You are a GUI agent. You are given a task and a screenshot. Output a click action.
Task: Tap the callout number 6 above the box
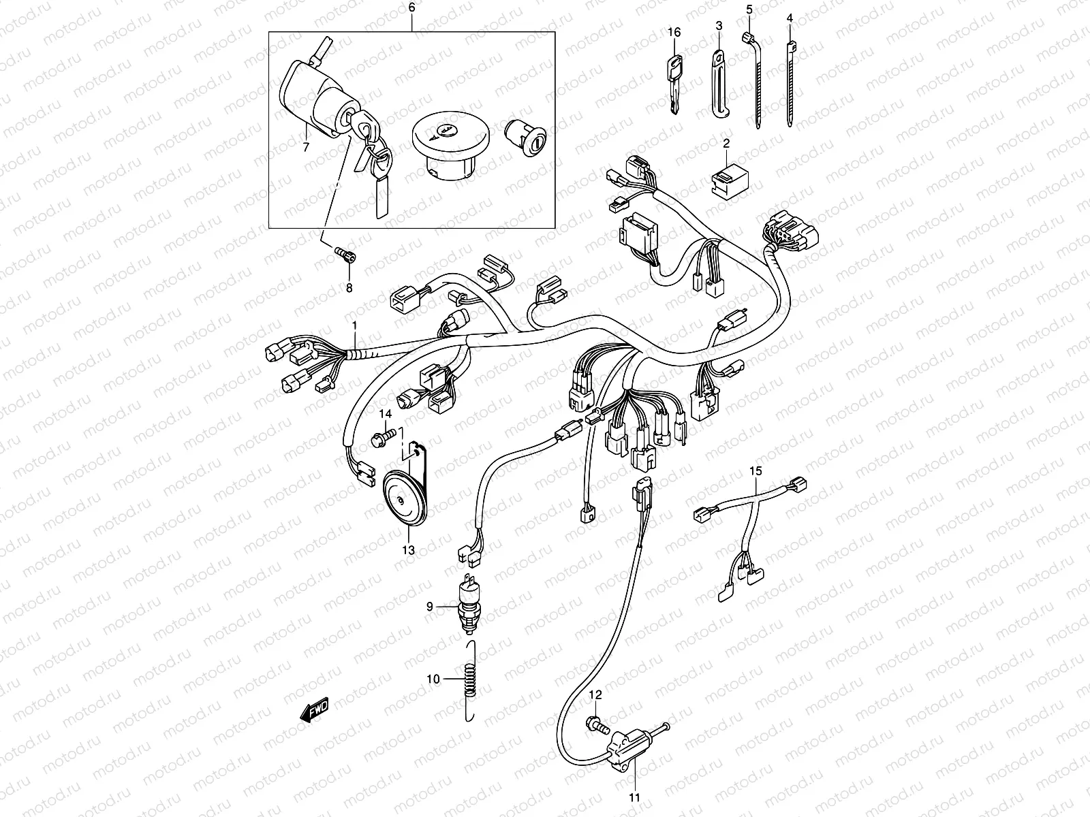(411, 8)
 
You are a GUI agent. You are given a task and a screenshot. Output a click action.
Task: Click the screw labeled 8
(344, 255)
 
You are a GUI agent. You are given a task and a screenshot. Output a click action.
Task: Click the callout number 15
(755, 470)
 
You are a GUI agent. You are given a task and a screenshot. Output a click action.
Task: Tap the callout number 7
(305, 146)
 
